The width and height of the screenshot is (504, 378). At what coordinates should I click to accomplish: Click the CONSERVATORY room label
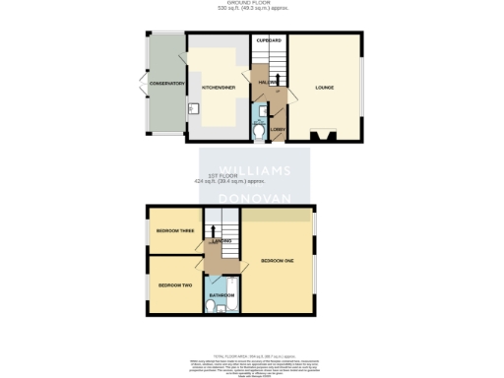tap(167, 84)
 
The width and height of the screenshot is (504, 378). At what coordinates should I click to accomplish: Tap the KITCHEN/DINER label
tap(218, 88)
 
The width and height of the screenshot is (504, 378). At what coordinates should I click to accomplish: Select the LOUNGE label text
tap(324, 88)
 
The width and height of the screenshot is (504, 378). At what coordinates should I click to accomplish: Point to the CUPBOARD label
tap(270, 40)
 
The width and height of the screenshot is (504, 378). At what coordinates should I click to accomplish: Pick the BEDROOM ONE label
tap(278, 260)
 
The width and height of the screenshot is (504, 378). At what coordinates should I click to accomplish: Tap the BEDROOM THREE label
tap(174, 231)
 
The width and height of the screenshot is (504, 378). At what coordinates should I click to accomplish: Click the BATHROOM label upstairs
tap(220, 294)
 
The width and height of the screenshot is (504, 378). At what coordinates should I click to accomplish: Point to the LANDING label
tap(221, 240)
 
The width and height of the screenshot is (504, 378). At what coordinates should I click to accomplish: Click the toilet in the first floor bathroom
tap(214, 307)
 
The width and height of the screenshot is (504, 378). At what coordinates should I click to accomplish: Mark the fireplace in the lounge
tap(323, 136)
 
